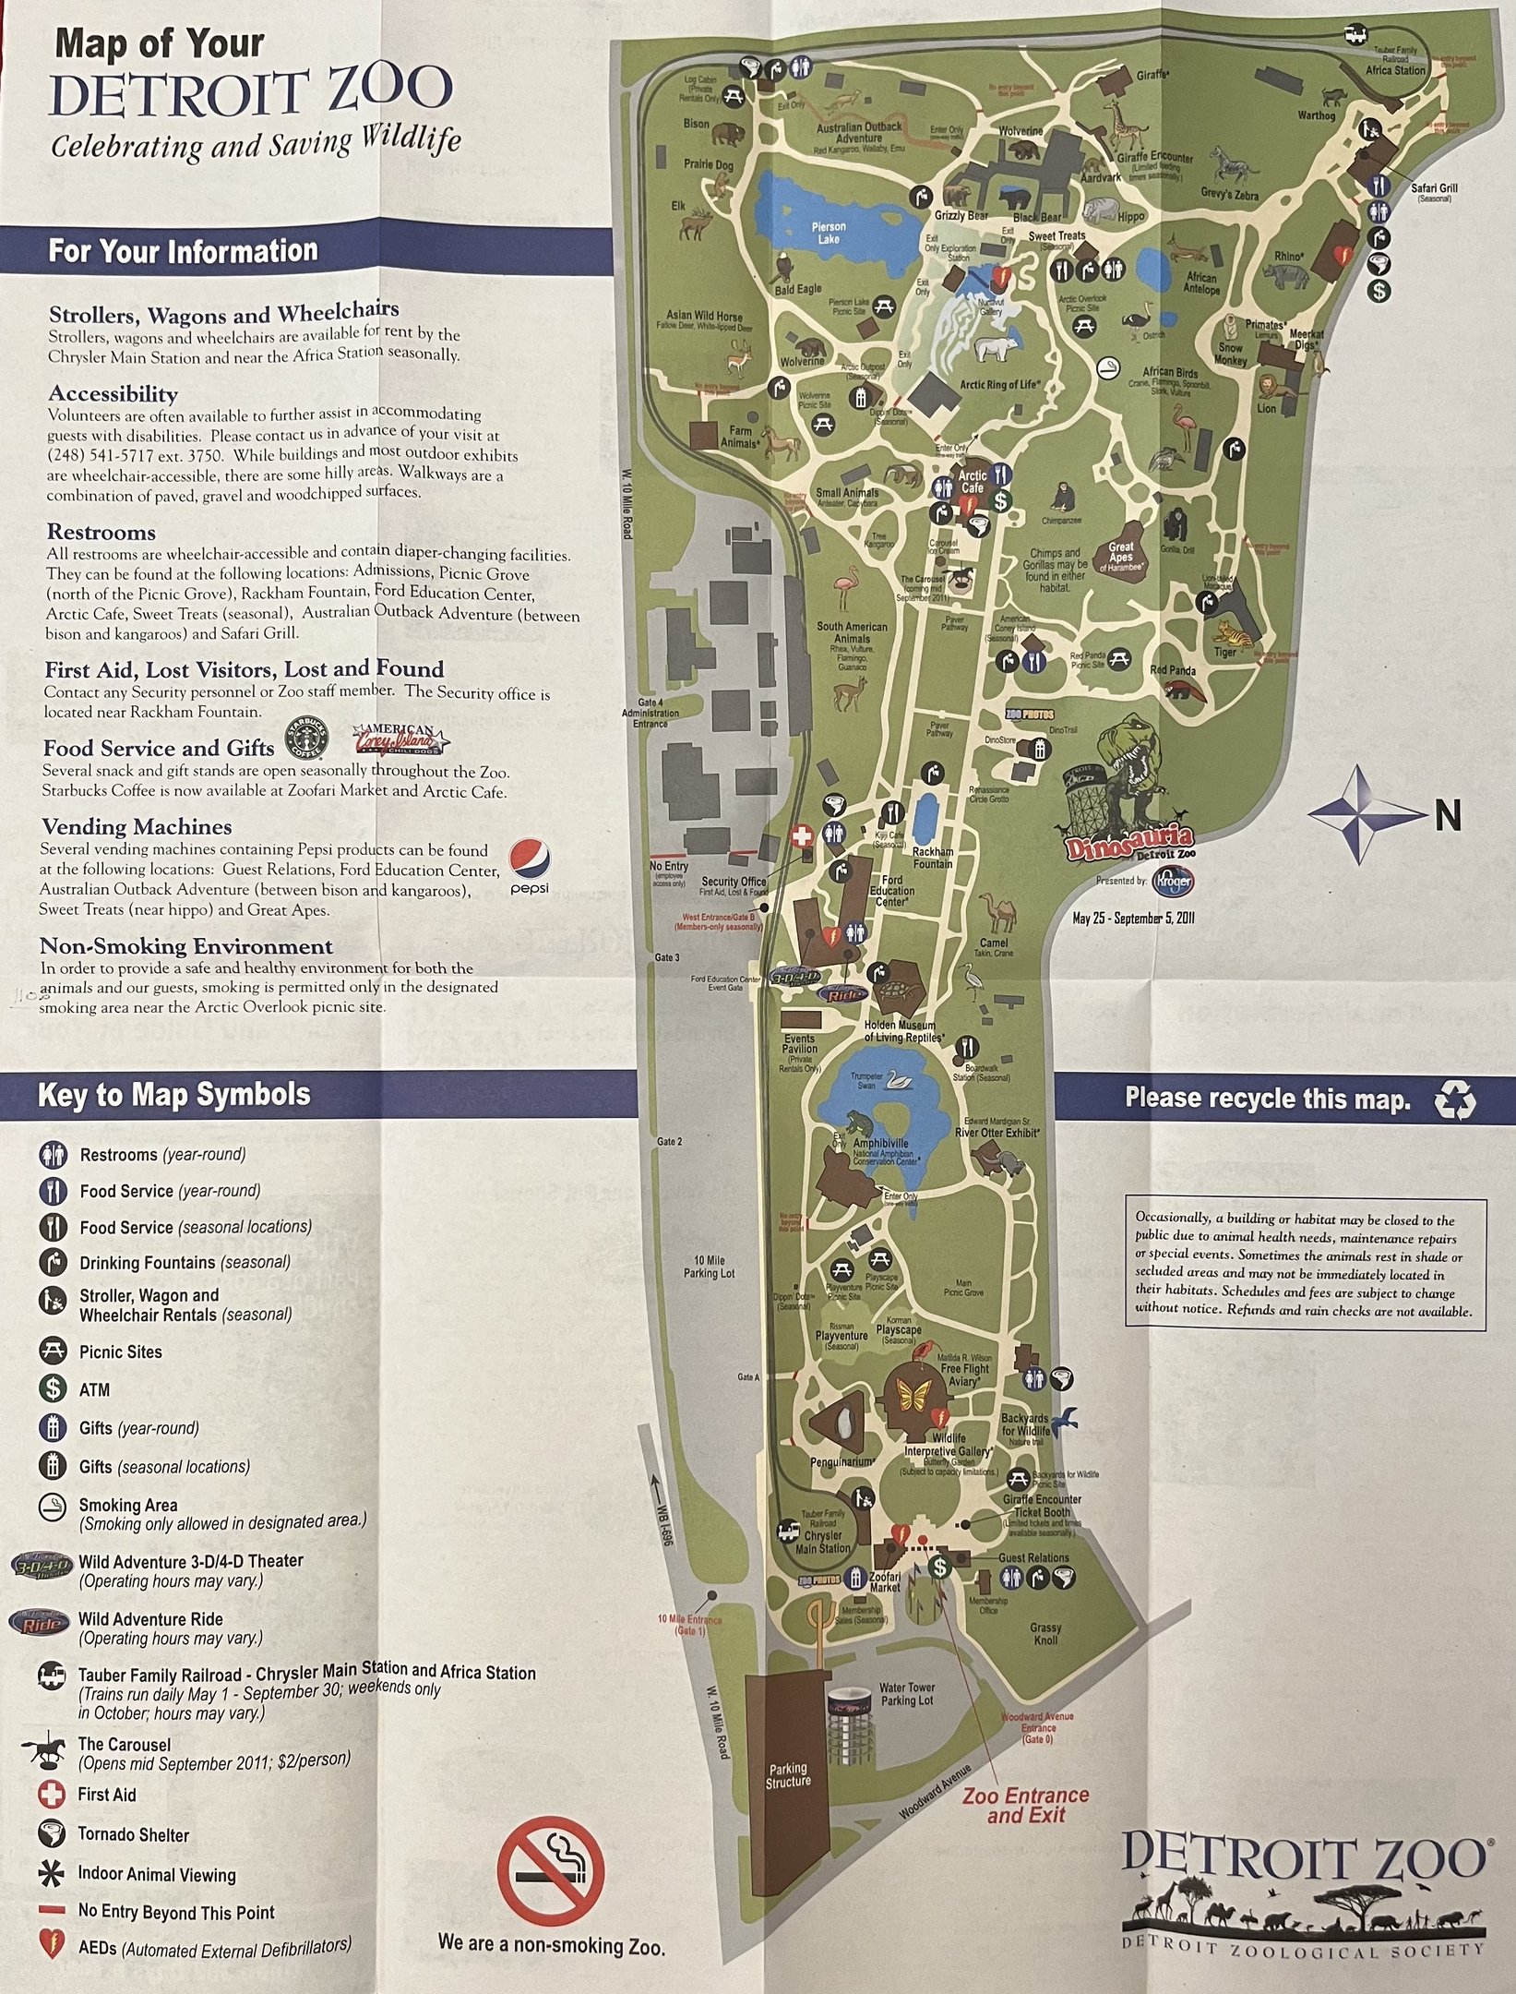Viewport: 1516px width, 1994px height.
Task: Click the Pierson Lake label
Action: click(828, 233)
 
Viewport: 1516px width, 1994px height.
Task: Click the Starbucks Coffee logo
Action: click(305, 737)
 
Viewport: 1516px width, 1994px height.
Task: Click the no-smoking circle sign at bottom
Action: click(551, 1872)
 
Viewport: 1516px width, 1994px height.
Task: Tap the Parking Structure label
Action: click(787, 1775)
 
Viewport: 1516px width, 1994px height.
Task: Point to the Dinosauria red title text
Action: click(1128, 842)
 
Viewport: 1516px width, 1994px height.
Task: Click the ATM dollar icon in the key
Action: click(53, 1388)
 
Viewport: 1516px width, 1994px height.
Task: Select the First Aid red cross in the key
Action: click(52, 1795)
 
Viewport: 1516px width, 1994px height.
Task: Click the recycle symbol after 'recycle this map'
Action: click(1455, 1099)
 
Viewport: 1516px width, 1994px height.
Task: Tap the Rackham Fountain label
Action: click(932, 858)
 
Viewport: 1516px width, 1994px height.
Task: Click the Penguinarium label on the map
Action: click(841, 1462)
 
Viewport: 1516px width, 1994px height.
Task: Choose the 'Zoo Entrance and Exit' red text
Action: click(1025, 1805)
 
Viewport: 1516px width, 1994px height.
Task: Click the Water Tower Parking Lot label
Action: click(906, 1693)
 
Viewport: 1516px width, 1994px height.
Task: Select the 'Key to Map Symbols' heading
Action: click(173, 1095)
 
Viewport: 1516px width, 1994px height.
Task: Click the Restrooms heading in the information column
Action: click(101, 533)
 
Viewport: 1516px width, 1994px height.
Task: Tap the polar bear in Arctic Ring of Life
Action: click(997, 349)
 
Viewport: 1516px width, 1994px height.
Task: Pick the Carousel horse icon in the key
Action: click(52, 1749)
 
